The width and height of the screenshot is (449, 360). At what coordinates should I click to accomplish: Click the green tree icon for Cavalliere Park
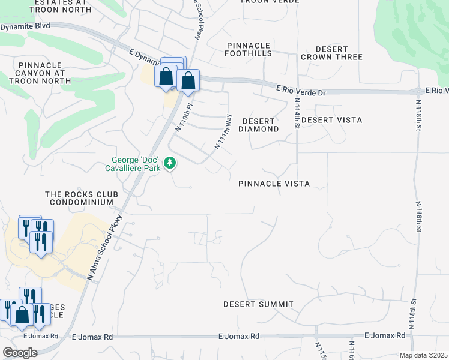pos(170,163)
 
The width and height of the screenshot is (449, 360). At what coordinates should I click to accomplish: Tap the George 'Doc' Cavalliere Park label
pos(138,163)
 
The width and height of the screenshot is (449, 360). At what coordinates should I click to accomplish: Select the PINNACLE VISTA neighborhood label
pos(274,184)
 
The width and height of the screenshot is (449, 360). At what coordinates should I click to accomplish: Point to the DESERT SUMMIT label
pos(258,304)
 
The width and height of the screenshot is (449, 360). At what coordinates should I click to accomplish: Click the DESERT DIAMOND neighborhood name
pos(259,125)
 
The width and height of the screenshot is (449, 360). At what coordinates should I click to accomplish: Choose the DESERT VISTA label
pos(331,120)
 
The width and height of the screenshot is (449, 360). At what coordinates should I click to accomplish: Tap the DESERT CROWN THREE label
pos(331,53)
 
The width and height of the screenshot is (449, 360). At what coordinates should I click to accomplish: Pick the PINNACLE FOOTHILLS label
pos(248,49)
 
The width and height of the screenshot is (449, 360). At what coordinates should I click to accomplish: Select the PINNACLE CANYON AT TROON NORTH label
pos(41,73)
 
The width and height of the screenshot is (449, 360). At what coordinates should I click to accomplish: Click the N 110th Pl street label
pos(182,118)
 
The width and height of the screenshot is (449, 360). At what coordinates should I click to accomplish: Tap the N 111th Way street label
pos(223,131)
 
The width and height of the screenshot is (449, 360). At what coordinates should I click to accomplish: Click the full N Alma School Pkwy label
pos(105,247)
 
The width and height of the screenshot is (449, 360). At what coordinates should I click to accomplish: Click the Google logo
pos(20,353)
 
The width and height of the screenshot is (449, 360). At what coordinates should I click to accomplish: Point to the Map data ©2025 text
pos(423,355)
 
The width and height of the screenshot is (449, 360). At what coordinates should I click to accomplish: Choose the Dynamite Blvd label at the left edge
pos(25,27)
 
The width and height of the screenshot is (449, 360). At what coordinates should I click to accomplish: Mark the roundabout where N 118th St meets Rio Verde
pos(418,92)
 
